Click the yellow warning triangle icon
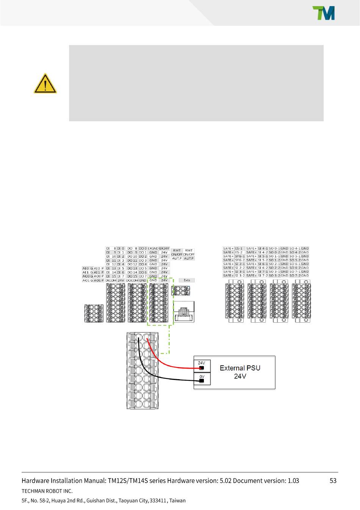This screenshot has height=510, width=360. tap(45, 84)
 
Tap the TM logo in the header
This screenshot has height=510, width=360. tap(323, 13)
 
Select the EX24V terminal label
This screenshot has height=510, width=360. tap(164, 248)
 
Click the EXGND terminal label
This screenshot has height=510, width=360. tap(153, 248)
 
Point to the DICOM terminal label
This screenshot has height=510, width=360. tap(111, 280)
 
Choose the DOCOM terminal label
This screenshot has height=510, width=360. tap(132, 280)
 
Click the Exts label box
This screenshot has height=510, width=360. tap(187, 280)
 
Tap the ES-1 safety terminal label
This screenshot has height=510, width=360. tap(239, 248)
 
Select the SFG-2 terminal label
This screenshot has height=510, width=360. tap(239, 260)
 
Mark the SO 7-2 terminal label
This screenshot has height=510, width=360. tap(295, 276)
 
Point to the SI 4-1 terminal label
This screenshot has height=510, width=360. tap(263, 248)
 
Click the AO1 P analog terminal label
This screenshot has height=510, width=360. tap(99, 280)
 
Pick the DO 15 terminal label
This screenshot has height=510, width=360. tap(132, 276)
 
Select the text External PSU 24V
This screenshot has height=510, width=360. tap(240, 372)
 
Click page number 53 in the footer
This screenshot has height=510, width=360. tap(333, 480)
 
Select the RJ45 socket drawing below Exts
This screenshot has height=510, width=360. tap(184, 312)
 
